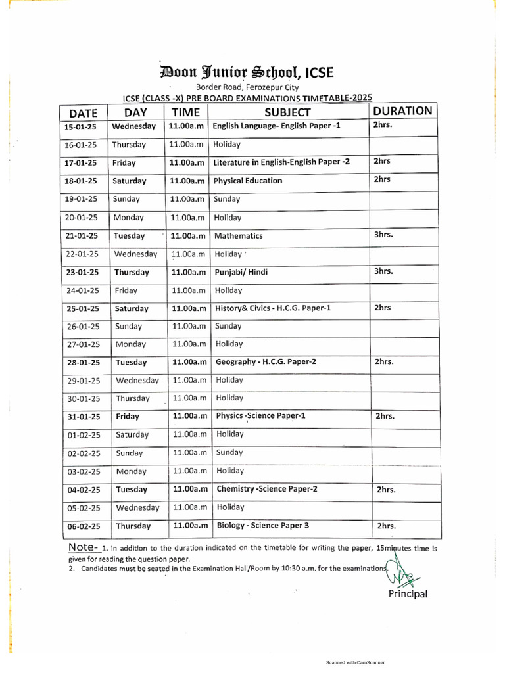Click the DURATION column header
coord(402,111)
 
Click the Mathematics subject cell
coord(239,236)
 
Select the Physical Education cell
coord(248,181)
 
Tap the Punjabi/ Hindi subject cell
coord(241,272)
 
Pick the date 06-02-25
coord(82,526)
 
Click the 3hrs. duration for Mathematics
coord(383,234)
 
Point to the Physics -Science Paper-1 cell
coord(260,416)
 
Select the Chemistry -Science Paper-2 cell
coord(266,489)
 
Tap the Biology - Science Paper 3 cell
coord(262,525)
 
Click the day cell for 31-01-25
coord(128,417)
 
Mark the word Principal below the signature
coord(408,594)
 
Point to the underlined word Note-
coord(84,547)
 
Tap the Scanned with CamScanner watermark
coord(355,662)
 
